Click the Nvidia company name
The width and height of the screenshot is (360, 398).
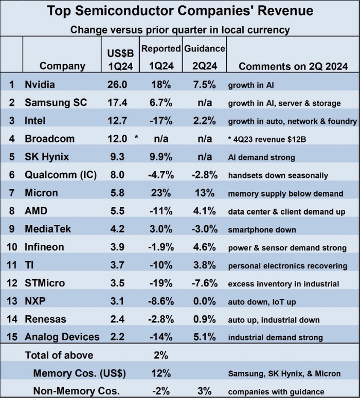[x=40, y=84]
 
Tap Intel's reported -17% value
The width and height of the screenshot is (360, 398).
[x=160, y=121]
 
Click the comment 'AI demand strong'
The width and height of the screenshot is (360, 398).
[x=262, y=157]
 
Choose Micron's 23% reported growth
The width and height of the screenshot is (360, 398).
[x=160, y=193]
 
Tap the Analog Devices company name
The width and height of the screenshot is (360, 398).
[x=62, y=337]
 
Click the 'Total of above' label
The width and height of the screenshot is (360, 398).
[x=60, y=355]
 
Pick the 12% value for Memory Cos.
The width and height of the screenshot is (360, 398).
[x=160, y=373]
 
